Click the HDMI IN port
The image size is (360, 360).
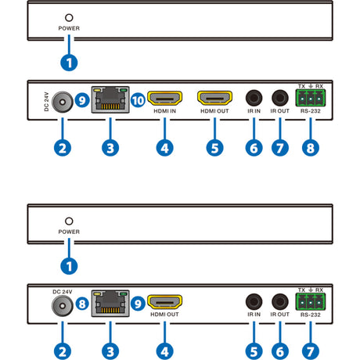click(164, 98)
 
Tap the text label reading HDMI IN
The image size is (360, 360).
click(164, 111)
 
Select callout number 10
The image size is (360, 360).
click(138, 100)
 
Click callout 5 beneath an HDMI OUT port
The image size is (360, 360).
click(213, 146)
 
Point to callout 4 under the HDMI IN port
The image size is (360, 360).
click(164, 146)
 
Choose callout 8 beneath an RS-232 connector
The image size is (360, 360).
click(311, 146)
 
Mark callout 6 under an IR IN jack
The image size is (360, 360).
click(253, 146)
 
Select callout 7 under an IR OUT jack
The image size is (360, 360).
click(279, 146)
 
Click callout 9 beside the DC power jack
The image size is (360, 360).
click(82, 100)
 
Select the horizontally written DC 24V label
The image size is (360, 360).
click(62, 291)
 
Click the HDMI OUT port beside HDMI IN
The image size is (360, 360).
click(214, 98)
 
